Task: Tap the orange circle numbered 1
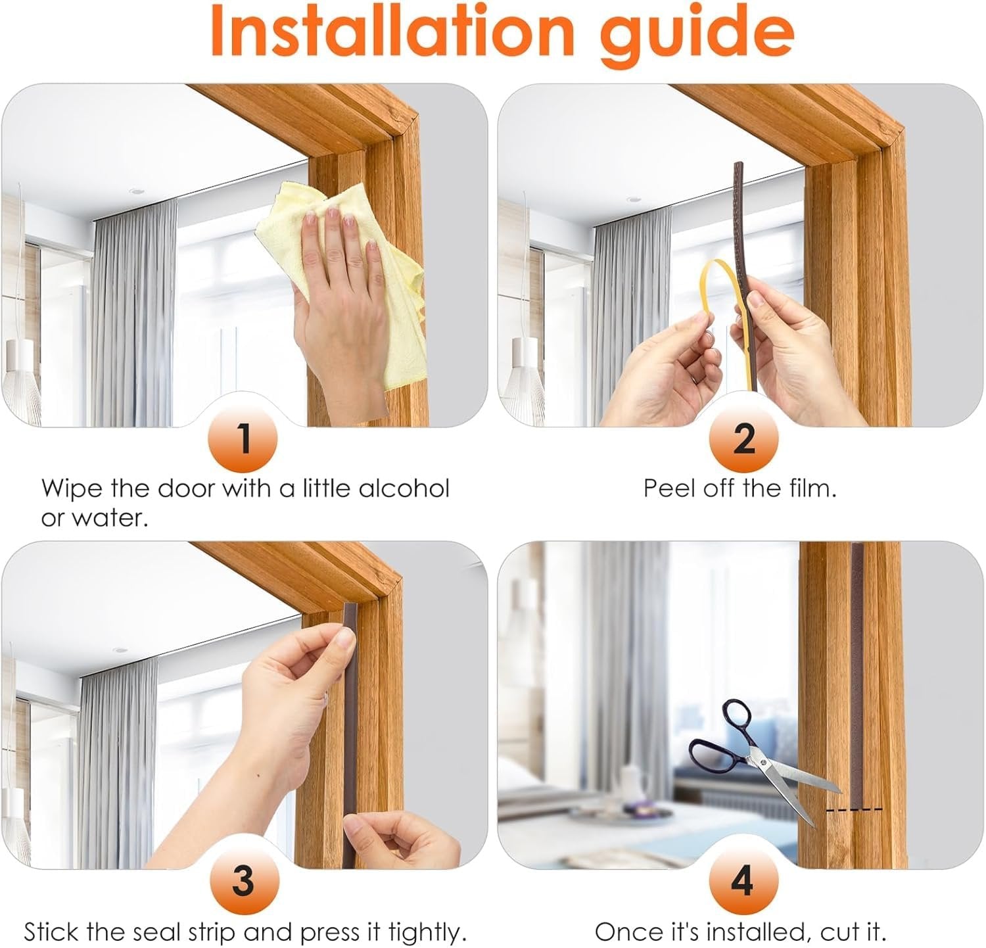click(x=243, y=438)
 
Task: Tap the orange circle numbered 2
click(x=743, y=438)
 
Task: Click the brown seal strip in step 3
click(x=350, y=723)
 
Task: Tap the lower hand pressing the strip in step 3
click(x=401, y=838)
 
